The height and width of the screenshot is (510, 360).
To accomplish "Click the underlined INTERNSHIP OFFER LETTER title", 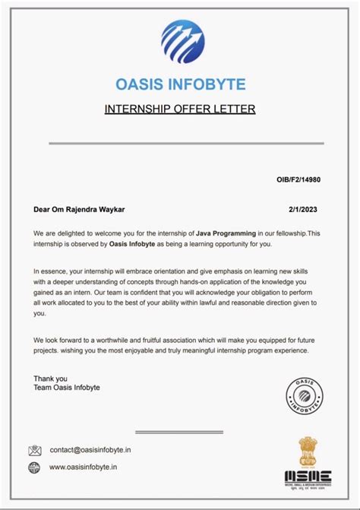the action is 180,109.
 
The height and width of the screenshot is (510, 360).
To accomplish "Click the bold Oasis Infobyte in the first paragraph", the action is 132,243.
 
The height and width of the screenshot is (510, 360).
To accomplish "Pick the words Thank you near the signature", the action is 50,378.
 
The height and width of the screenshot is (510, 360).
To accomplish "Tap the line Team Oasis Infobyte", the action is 67,388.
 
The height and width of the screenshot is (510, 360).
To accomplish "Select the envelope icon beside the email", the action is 35,450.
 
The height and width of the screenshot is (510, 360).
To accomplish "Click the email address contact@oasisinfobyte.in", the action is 93,450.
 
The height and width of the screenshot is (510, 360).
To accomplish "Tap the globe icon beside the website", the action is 35,467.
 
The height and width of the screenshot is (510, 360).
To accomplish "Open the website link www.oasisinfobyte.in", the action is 84,467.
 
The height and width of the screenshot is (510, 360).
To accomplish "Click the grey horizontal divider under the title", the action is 186,143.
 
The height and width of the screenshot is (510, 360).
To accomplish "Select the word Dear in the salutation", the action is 42,209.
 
